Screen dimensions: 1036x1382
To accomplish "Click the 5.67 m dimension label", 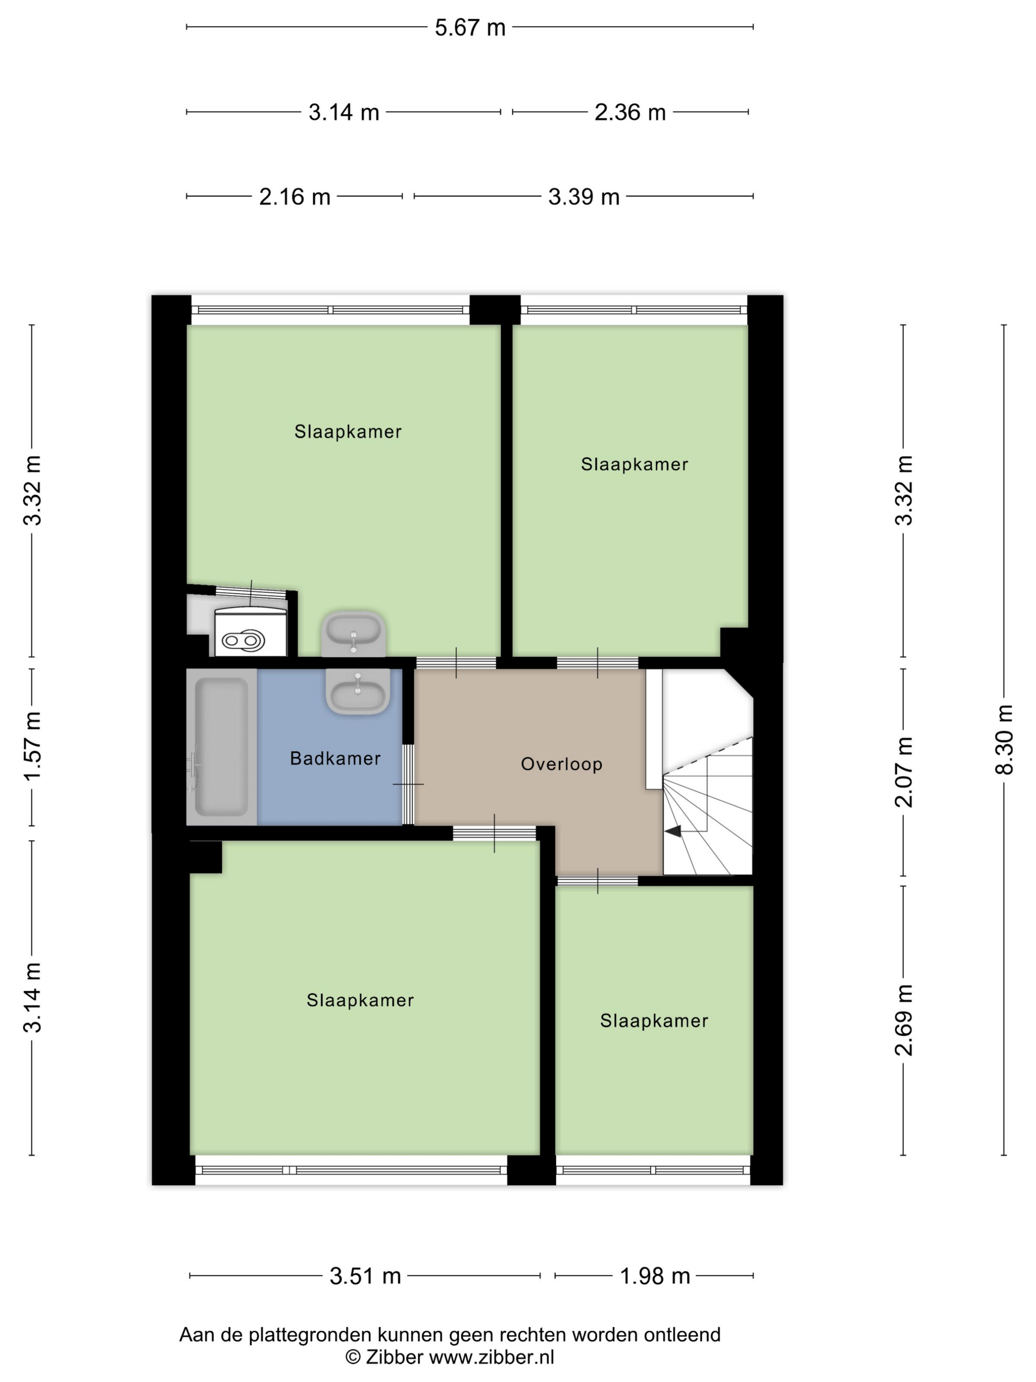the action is (x=470, y=28).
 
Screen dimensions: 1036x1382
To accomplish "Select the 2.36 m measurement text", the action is (x=629, y=113).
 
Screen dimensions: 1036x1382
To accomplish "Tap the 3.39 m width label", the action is (x=583, y=197).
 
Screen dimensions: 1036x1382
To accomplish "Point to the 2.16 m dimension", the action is (x=294, y=197).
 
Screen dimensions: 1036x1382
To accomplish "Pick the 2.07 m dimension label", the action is (x=904, y=771).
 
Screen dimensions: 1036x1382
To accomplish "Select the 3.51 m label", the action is (x=366, y=1276).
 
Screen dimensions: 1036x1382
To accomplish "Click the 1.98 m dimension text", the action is (x=655, y=1276).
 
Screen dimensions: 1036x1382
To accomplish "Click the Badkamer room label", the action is (x=335, y=759).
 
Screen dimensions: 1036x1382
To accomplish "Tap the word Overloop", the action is (x=561, y=764).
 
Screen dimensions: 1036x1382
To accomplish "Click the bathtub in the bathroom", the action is (x=222, y=747).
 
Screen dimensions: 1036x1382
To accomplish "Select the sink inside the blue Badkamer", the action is (x=358, y=691).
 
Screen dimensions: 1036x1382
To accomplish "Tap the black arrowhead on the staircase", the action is (x=673, y=831).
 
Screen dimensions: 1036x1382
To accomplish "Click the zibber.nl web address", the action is (x=491, y=1357).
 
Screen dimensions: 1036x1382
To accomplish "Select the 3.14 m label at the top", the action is (x=343, y=113).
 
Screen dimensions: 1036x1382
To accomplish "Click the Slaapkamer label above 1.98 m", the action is (x=654, y=1021).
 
